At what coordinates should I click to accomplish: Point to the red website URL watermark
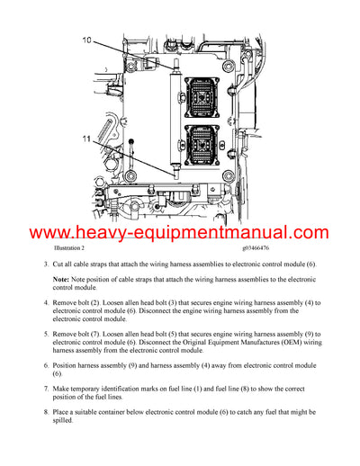pos(179,234)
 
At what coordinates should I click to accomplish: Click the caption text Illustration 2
pos(58,247)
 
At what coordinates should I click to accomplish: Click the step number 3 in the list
pos(45,265)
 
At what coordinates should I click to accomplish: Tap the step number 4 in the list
pos(45,303)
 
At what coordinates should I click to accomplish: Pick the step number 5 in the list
pos(45,333)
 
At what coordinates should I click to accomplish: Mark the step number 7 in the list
pos(45,389)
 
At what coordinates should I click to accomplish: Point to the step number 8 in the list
pos(45,411)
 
